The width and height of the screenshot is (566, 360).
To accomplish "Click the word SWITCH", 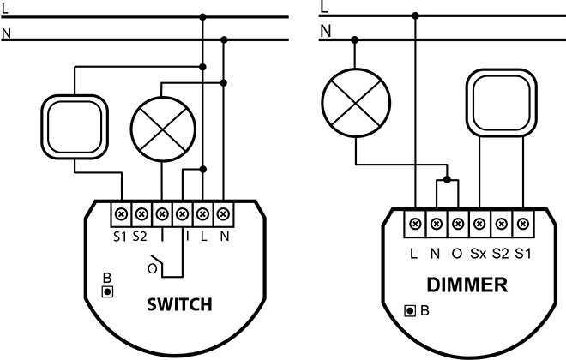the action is [x=179, y=305].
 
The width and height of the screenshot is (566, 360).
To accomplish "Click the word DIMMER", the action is [x=467, y=285].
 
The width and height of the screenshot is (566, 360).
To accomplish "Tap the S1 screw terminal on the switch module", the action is [x=121, y=214].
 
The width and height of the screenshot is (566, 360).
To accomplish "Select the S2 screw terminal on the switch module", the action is [x=141, y=214].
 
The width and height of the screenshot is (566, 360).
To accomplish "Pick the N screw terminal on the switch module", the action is [x=224, y=214].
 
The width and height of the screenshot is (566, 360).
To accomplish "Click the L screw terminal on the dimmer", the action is [x=415, y=224].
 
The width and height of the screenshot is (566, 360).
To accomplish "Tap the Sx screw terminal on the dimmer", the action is [x=479, y=224].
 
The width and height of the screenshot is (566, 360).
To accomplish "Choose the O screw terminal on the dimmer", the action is [x=458, y=224].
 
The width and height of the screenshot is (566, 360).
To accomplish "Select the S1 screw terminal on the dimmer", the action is [x=522, y=224].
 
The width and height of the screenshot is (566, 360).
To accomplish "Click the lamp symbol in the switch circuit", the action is [x=163, y=129].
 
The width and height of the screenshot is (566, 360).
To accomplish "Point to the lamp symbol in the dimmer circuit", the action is [x=356, y=103].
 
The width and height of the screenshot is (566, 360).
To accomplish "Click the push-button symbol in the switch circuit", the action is [x=75, y=127].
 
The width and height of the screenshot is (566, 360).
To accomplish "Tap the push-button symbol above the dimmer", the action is [x=502, y=103].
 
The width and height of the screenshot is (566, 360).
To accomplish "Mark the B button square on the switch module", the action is [x=107, y=291].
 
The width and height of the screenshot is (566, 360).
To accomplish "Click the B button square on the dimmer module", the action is [x=410, y=310].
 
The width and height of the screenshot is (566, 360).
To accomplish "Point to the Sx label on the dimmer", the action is [x=479, y=254].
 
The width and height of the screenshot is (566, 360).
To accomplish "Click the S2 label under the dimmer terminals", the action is [x=501, y=254].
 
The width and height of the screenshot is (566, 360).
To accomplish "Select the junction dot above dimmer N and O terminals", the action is [x=448, y=179].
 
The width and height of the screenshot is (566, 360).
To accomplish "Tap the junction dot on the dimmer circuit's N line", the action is [x=355, y=39].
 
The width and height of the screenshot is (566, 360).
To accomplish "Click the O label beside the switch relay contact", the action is [x=153, y=269].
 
